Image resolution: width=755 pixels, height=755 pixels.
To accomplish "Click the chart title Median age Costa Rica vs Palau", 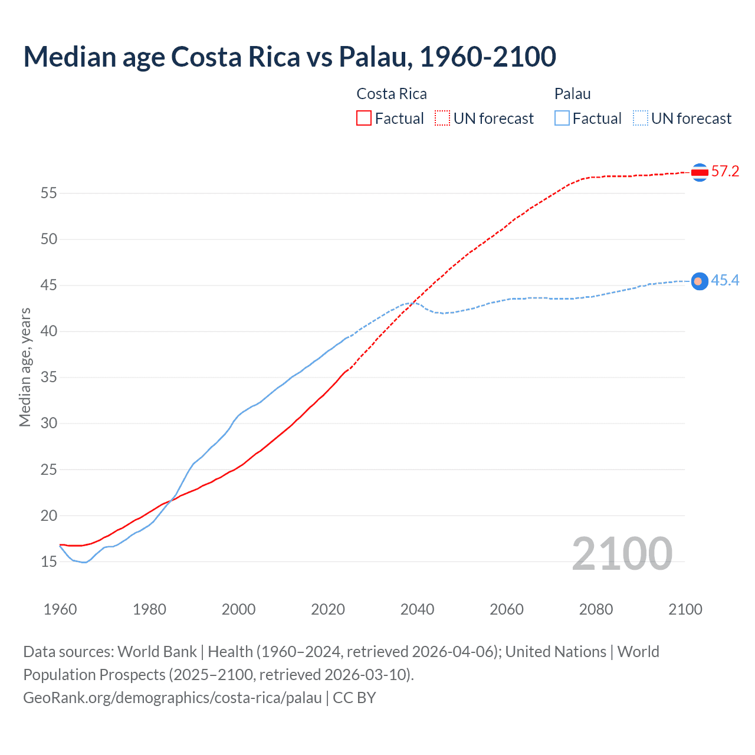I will click(x=289, y=57).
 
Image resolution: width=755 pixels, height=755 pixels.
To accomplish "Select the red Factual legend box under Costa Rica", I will click(x=364, y=118).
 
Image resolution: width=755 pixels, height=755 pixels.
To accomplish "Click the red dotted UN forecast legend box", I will click(x=442, y=118).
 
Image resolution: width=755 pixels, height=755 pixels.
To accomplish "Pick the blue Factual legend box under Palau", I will click(x=562, y=118).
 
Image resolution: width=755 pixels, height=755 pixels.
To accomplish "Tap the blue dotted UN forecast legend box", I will click(x=641, y=118).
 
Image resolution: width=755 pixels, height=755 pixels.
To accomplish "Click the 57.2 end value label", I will click(x=725, y=172).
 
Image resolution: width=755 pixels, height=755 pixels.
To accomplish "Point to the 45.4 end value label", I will click(x=725, y=281).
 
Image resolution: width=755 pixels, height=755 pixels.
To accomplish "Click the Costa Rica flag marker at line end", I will click(x=700, y=172).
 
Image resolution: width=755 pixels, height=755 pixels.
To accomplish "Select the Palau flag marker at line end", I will click(x=700, y=281).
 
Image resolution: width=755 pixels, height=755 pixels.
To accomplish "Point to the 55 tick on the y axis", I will click(x=49, y=193).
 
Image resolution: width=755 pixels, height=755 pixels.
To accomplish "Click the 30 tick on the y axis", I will click(x=49, y=424).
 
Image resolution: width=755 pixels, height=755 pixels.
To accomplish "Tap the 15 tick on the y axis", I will click(x=49, y=562).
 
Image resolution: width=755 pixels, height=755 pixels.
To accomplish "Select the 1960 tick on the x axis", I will click(x=60, y=609).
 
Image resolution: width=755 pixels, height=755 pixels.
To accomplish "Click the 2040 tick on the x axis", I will click(x=417, y=609).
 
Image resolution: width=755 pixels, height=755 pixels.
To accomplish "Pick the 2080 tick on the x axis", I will click(x=596, y=609).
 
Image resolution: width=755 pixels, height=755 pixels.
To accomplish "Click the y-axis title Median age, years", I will click(x=25, y=367).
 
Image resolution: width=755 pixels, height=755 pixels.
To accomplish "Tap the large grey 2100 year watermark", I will click(x=622, y=553).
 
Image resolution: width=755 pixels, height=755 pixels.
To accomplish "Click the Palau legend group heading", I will click(x=572, y=94).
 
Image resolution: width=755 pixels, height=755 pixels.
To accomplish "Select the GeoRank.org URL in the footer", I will click(x=172, y=698).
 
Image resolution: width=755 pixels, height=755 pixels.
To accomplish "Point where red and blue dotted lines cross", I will click(x=413, y=303).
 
